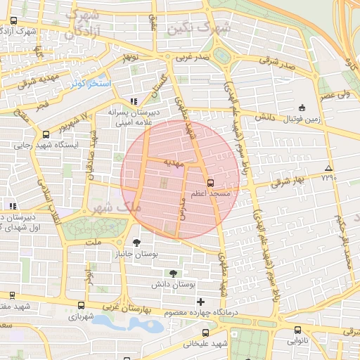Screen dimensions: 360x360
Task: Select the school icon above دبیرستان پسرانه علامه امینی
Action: pyautogui.click(x=134, y=101)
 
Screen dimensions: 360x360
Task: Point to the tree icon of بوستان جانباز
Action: pyautogui.click(x=136, y=242)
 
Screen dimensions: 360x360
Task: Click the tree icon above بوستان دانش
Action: pyautogui.click(x=173, y=273)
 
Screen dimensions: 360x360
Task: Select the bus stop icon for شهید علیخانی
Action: pyautogui.click(x=204, y=333)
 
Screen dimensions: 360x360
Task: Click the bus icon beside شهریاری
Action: pyautogui.click(x=82, y=306)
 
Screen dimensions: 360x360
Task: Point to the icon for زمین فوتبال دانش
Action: pyautogui.click(x=302, y=108)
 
